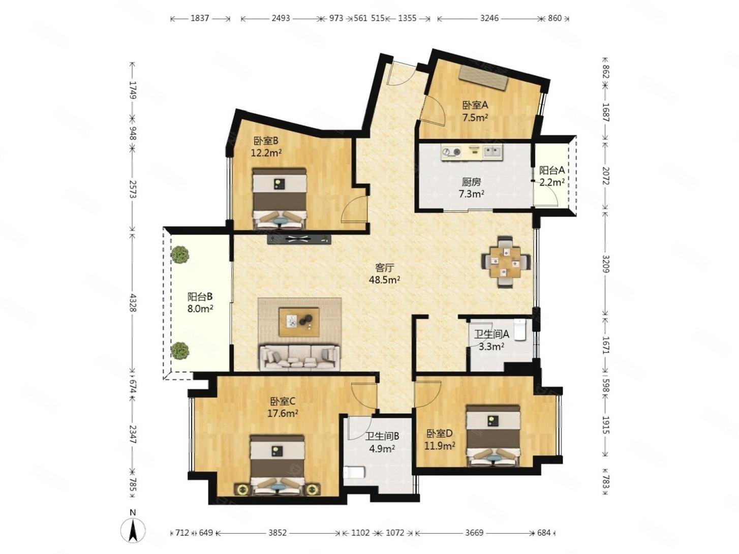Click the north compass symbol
tap(133, 533)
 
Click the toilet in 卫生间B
tap(354, 472)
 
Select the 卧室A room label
tap(475, 105)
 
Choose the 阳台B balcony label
tap(200, 296)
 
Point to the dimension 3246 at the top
tap(489, 18)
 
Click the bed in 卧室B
tap(280, 199)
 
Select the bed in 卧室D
tap(493, 436)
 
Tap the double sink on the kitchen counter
tap(492, 151)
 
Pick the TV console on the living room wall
tap(299, 239)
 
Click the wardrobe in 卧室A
tap(483, 78)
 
